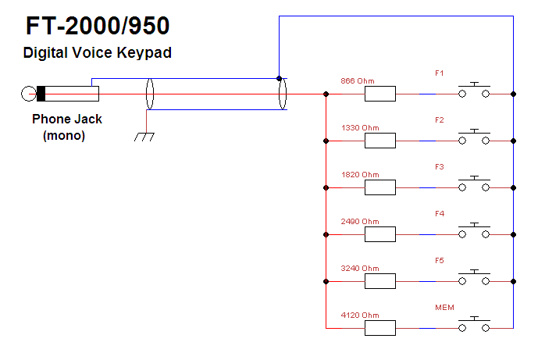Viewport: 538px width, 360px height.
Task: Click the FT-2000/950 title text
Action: click(98, 27)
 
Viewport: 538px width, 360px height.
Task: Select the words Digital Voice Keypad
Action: click(97, 54)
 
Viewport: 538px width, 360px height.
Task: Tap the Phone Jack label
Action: click(66, 119)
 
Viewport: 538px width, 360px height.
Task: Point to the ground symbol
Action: click(144, 135)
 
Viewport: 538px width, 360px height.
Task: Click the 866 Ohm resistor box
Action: click(380, 94)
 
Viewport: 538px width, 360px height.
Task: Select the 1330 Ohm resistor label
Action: click(360, 127)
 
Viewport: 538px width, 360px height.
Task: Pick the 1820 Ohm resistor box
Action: click(380, 187)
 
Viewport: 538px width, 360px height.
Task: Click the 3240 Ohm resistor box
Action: click(380, 281)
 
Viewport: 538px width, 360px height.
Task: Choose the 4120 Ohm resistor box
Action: click(380, 328)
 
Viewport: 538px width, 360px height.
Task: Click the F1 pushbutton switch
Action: click(474, 91)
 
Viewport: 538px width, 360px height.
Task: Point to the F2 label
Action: click(440, 120)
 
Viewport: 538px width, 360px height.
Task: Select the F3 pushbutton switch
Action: click(474, 185)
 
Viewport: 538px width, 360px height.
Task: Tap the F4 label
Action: click(440, 214)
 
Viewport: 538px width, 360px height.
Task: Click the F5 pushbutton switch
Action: click(474, 279)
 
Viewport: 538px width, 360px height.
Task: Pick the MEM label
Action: click(444, 308)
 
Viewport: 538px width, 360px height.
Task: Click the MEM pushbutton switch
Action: click(474, 326)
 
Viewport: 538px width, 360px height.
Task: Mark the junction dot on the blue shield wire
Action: click(279, 78)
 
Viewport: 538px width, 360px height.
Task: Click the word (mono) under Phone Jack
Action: click(64, 135)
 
